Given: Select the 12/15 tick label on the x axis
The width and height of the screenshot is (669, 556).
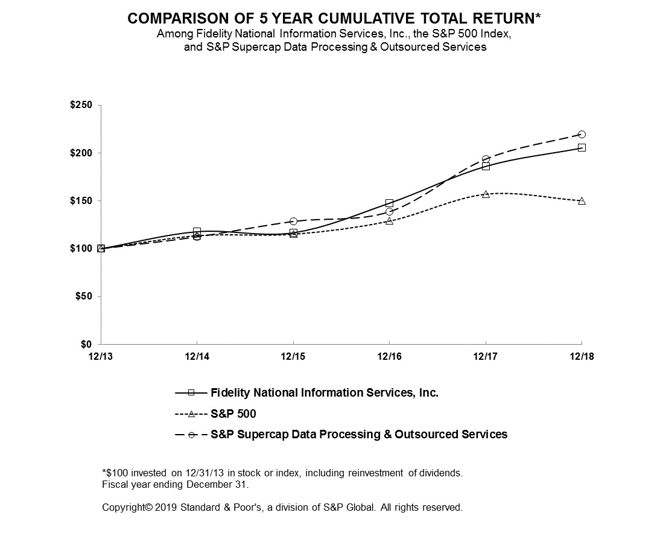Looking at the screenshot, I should pyautogui.click(x=293, y=357).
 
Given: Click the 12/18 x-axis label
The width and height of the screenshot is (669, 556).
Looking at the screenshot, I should pyautogui.click(x=582, y=357).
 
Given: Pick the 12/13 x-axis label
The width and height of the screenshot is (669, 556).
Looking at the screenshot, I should pyautogui.click(x=101, y=357).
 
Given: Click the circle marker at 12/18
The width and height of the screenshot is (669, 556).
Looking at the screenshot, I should pyautogui.click(x=582, y=134).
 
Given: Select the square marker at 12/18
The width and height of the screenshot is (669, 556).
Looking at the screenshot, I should pyautogui.click(x=582, y=147).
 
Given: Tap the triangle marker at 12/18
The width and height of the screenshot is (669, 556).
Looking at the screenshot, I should pyautogui.click(x=582, y=200).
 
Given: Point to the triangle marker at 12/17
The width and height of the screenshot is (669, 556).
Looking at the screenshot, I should pyautogui.click(x=486, y=194).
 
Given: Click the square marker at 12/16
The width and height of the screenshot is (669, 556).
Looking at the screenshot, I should pyautogui.click(x=389, y=203).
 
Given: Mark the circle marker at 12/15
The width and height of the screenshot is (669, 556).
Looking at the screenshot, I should pyautogui.click(x=293, y=222).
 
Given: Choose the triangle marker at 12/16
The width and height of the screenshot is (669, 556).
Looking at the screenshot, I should pyautogui.click(x=389, y=221).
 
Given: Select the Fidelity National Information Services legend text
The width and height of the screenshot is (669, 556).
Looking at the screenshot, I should pyautogui.click(x=324, y=392).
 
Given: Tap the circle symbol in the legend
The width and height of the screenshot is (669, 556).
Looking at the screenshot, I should pyautogui.click(x=191, y=434).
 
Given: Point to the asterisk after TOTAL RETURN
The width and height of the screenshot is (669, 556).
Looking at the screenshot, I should pyautogui.click(x=537, y=17).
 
